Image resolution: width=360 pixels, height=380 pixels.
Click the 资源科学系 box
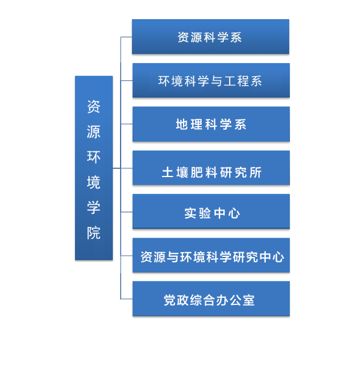pos(210,37)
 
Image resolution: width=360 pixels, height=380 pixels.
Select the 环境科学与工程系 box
pos(211,80)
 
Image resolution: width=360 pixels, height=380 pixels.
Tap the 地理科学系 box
pos(211,124)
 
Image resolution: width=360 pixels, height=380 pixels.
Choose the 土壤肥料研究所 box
pos(211,167)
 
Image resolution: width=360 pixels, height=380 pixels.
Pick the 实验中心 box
pos(211,211)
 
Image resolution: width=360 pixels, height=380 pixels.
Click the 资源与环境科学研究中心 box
pos(211,255)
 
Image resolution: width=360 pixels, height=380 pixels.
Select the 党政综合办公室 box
pos(211,299)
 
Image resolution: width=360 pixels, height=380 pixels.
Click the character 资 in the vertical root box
pos(94,106)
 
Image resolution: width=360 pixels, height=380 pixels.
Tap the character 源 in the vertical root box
pos(94,132)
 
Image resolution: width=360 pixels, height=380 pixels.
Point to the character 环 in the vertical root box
pos(94,157)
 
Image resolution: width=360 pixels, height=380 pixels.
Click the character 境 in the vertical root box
pos(94,182)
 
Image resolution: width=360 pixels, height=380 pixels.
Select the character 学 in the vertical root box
pos(94,208)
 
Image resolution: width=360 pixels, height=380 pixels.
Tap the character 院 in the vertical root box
pos(94,233)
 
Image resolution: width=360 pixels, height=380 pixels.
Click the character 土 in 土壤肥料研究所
pos(167,172)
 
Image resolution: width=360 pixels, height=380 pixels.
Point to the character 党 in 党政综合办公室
pos(170,300)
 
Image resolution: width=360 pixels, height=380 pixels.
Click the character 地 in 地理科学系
pos(182,124)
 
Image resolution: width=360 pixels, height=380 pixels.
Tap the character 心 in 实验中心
pos(234,213)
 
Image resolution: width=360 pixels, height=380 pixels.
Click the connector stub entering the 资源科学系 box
pos(126,37)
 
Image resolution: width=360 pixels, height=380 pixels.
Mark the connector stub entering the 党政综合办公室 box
pos(127,299)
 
